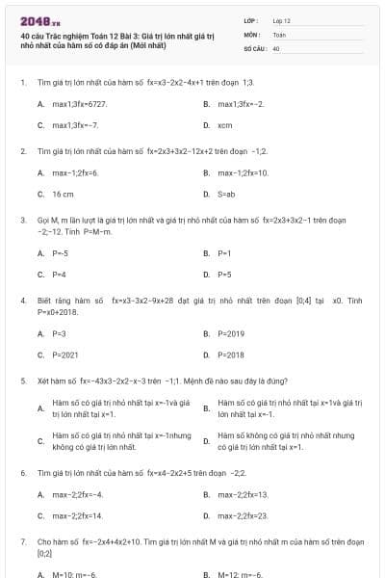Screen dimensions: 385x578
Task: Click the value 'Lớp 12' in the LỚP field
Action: point(282,20)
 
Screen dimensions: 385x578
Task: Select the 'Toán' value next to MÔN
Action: point(279,34)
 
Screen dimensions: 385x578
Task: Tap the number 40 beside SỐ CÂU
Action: point(276,47)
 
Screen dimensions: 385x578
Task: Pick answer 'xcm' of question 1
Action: point(225,125)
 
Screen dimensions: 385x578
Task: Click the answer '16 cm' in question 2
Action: point(63,195)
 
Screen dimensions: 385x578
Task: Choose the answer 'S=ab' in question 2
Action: point(227,195)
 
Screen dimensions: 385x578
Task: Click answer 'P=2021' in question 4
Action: point(65,355)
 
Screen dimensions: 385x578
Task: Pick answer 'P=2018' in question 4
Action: point(231,355)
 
